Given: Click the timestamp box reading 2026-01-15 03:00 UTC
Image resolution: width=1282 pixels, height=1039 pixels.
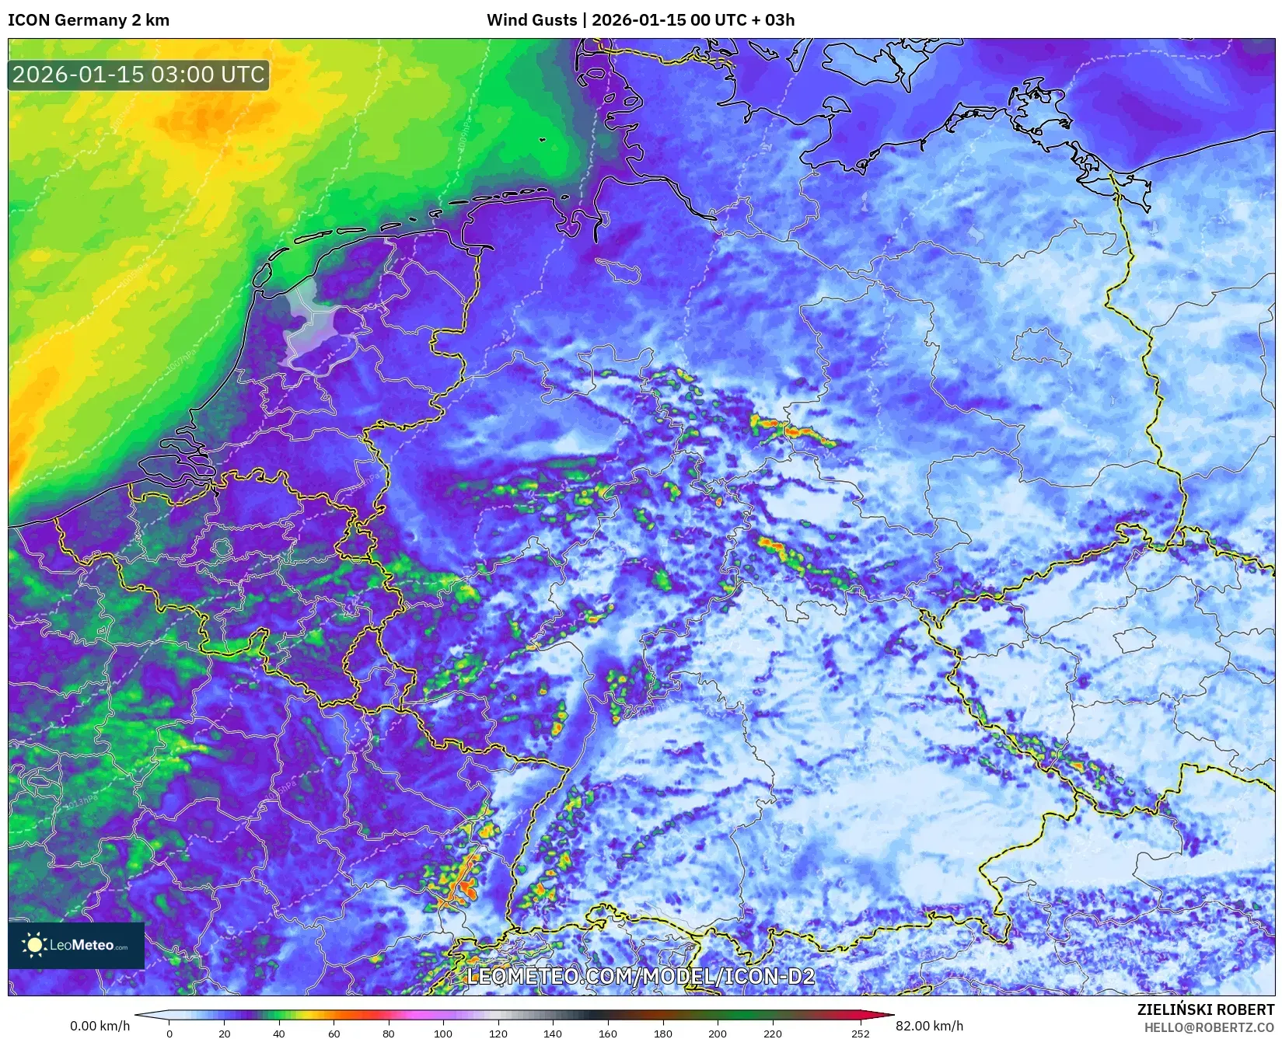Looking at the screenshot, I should point(138,75).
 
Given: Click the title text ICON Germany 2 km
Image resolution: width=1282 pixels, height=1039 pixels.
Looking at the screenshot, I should point(88,20).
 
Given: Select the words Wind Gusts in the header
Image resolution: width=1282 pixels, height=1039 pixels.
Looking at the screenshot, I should point(532,20).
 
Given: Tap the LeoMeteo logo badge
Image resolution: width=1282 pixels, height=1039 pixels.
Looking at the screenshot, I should point(76,945).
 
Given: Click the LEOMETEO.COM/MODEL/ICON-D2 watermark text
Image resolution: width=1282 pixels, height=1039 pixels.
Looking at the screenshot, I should point(641,976).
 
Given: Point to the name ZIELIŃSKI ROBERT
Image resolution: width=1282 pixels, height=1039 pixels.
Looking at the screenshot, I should point(1206,1009).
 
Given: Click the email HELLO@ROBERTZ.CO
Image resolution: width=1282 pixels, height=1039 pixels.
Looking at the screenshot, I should point(1209,1027).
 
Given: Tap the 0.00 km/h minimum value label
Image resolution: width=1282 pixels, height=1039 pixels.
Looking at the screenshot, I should point(100,1026).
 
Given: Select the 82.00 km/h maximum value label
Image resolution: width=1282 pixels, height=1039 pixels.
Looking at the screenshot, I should point(929,1026).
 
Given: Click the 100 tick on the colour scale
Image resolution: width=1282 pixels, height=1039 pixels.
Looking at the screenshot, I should point(443,1034).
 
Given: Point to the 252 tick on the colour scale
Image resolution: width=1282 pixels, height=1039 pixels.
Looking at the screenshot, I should point(860,1034).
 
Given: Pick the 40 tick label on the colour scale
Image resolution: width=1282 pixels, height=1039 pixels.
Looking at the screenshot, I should point(279,1034).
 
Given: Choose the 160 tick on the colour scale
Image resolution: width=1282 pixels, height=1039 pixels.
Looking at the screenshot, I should point(608,1034).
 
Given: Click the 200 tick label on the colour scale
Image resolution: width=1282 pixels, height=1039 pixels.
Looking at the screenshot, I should point(718,1034).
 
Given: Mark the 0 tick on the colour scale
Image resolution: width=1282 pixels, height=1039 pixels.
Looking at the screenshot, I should point(169,1034).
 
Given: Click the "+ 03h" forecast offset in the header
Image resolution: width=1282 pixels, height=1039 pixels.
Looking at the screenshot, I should point(772,20).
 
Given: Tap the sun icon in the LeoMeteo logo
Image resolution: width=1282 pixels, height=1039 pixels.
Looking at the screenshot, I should point(34,945).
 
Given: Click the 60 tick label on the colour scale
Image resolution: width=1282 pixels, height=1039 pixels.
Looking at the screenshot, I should point(334,1034).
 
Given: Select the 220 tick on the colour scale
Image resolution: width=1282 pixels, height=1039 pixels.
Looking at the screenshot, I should point(772,1034).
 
